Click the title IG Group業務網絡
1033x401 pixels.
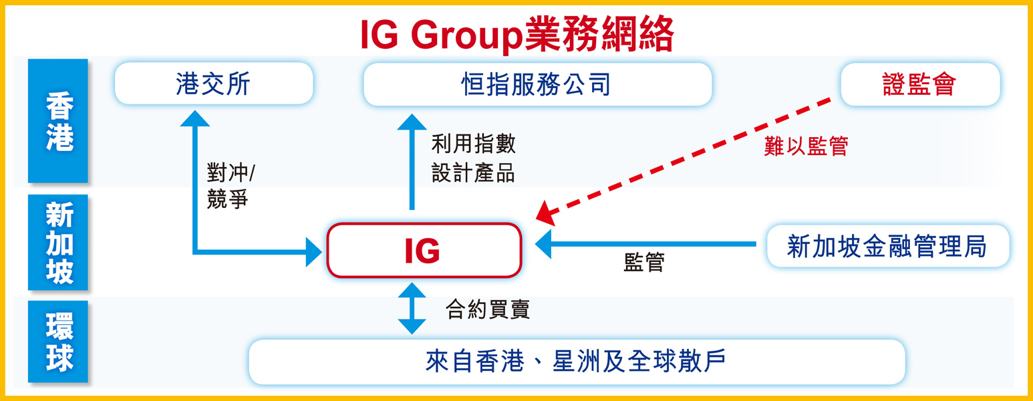(516, 35)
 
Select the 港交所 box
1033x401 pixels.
(214, 84)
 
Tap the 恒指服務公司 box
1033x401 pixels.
(537, 85)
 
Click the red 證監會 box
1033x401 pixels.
(919, 85)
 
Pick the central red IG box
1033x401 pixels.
(424, 251)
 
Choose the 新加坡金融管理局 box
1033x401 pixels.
(887, 246)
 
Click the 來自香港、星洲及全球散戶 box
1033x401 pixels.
(576, 362)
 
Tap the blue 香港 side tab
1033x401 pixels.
(58, 121)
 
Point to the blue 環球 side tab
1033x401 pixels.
(58, 342)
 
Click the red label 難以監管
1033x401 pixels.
(806, 146)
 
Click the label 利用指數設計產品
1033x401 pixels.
(473, 158)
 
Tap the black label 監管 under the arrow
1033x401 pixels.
(643, 263)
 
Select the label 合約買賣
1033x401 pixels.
(488, 309)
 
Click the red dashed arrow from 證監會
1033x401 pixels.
(688, 159)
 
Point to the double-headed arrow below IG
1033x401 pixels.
(412, 308)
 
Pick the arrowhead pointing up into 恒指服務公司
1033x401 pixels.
(412, 124)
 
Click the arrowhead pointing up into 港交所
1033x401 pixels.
(195, 119)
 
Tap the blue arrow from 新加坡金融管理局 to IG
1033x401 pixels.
(648, 244)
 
